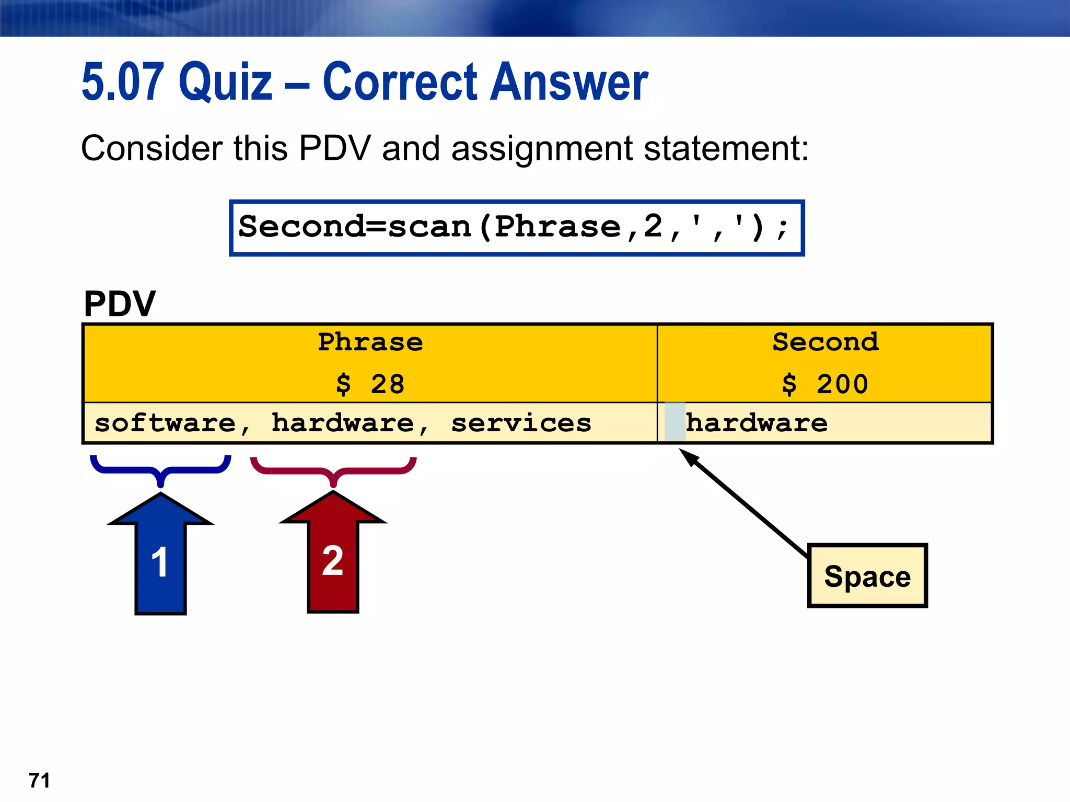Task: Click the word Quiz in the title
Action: (x=225, y=82)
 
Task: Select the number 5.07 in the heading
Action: (x=123, y=82)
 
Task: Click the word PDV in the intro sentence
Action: (x=334, y=148)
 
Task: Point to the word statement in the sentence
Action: (x=726, y=148)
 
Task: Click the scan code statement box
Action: (x=516, y=228)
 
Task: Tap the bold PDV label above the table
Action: (x=120, y=304)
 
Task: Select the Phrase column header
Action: (x=370, y=343)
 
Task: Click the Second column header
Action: (x=825, y=343)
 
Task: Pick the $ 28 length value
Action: (x=370, y=384)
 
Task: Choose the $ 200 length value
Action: (x=825, y=384)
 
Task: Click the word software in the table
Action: (x=166, y=423)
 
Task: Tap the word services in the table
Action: (x=521, y=423)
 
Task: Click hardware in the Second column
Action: (x=757, y=423)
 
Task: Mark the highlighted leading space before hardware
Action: (x=674, y=422)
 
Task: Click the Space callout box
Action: (x=867, y=576)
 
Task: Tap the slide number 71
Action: (x=40, y=781)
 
